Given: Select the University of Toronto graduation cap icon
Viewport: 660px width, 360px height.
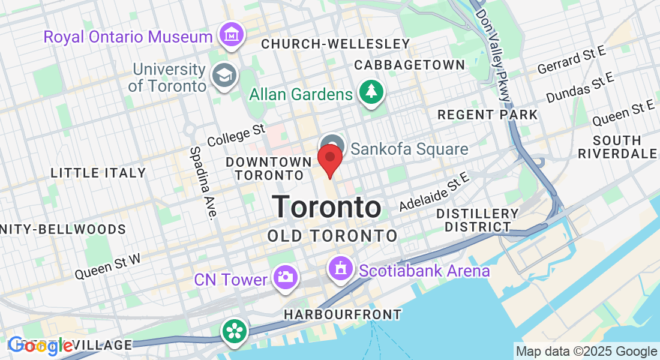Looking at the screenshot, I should coord(224,76).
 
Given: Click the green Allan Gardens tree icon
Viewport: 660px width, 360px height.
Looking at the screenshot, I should coord(371,92).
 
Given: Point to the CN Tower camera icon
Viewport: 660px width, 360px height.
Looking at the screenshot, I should coord(284,277).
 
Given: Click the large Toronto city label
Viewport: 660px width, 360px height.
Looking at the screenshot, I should coord(327,207).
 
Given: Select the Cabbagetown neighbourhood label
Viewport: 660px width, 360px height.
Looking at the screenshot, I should coord(409,65).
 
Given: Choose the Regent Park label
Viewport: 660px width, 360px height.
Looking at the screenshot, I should coord(487,114).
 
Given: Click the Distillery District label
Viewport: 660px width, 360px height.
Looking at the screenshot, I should coord(478,220).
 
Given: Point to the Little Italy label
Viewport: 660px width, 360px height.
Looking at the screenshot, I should coord(98,173).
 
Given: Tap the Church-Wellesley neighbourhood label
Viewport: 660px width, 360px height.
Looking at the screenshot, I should coord(335,44).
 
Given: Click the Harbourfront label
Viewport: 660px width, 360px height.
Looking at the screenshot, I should coord(343,314).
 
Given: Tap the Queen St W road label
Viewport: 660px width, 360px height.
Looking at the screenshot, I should coord(107,266).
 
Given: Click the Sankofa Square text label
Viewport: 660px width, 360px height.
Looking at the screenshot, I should coord(409,149).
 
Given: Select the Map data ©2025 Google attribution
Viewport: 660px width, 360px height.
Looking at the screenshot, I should coord(586,352).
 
